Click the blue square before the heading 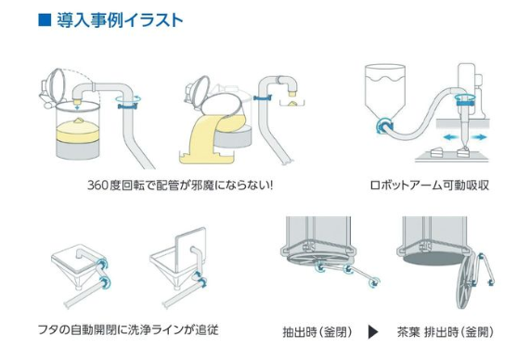pos(45,19)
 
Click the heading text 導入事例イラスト pos(120,19)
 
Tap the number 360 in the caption pos(98,186)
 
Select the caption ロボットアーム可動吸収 pos(430,186)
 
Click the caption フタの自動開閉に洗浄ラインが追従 pos(128,329)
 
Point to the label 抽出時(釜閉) pos(317,331)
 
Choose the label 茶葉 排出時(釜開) pos(446,331)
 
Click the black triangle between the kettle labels pos(372,331)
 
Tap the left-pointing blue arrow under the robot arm pos(451,137)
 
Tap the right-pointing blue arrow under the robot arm pos(478,137)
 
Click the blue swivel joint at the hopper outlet pos(384,125)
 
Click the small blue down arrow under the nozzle pos(77,107)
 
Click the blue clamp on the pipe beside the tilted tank pos(263,97)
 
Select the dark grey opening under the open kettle pos(434,259)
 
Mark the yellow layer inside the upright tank pos(77,131)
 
